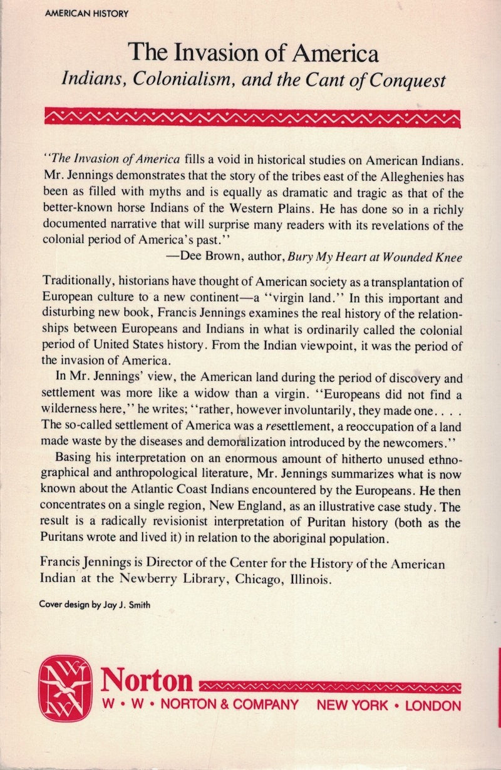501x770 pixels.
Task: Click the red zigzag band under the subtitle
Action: (x=250, y=116)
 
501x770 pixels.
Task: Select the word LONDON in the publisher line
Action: (x=433, y=706)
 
